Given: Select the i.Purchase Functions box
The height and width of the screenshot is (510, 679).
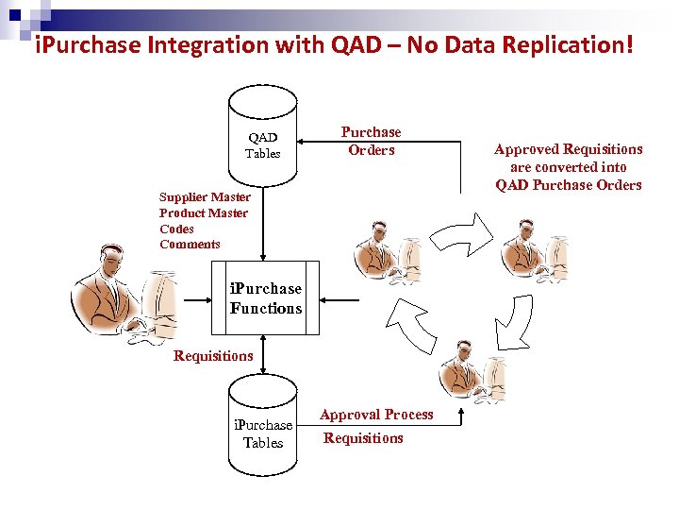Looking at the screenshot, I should point(265,299).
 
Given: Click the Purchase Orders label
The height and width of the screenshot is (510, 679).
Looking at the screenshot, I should point(371,141).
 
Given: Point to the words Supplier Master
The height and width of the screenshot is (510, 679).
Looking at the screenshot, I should point(205,197).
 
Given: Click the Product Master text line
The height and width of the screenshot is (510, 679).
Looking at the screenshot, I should point(204,213).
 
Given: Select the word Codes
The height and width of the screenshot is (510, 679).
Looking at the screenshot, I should point(176,229).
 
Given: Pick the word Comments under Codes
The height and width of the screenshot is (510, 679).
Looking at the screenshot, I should point(190,245).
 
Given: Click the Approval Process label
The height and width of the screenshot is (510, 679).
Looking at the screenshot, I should point(376,415).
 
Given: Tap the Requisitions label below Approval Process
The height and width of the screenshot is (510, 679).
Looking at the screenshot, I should point(363,438).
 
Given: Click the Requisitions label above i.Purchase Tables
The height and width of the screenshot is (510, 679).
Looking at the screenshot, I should point(213,356).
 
